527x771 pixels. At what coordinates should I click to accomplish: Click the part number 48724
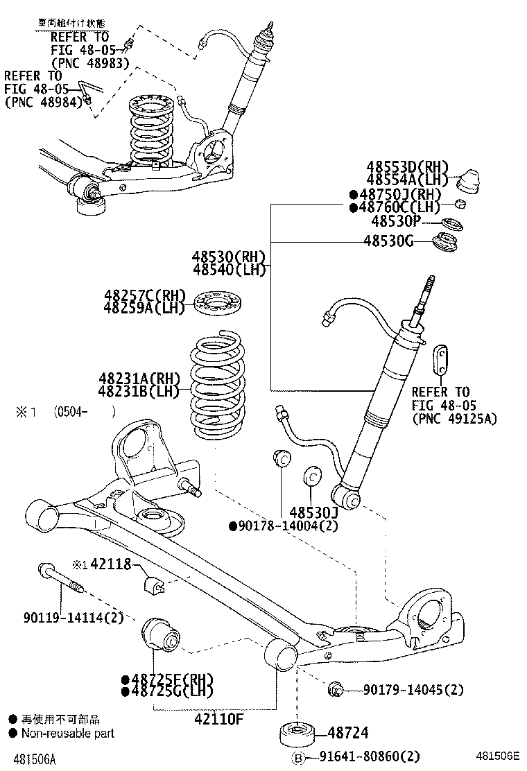348,733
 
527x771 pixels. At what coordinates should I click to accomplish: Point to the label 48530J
313,512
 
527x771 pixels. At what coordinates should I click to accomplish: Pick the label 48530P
396,221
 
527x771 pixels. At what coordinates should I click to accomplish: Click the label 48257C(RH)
144,295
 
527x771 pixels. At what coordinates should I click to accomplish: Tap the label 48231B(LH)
139,391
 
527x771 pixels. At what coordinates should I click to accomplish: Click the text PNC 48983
89,62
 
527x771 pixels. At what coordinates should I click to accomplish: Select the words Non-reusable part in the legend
67,733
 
